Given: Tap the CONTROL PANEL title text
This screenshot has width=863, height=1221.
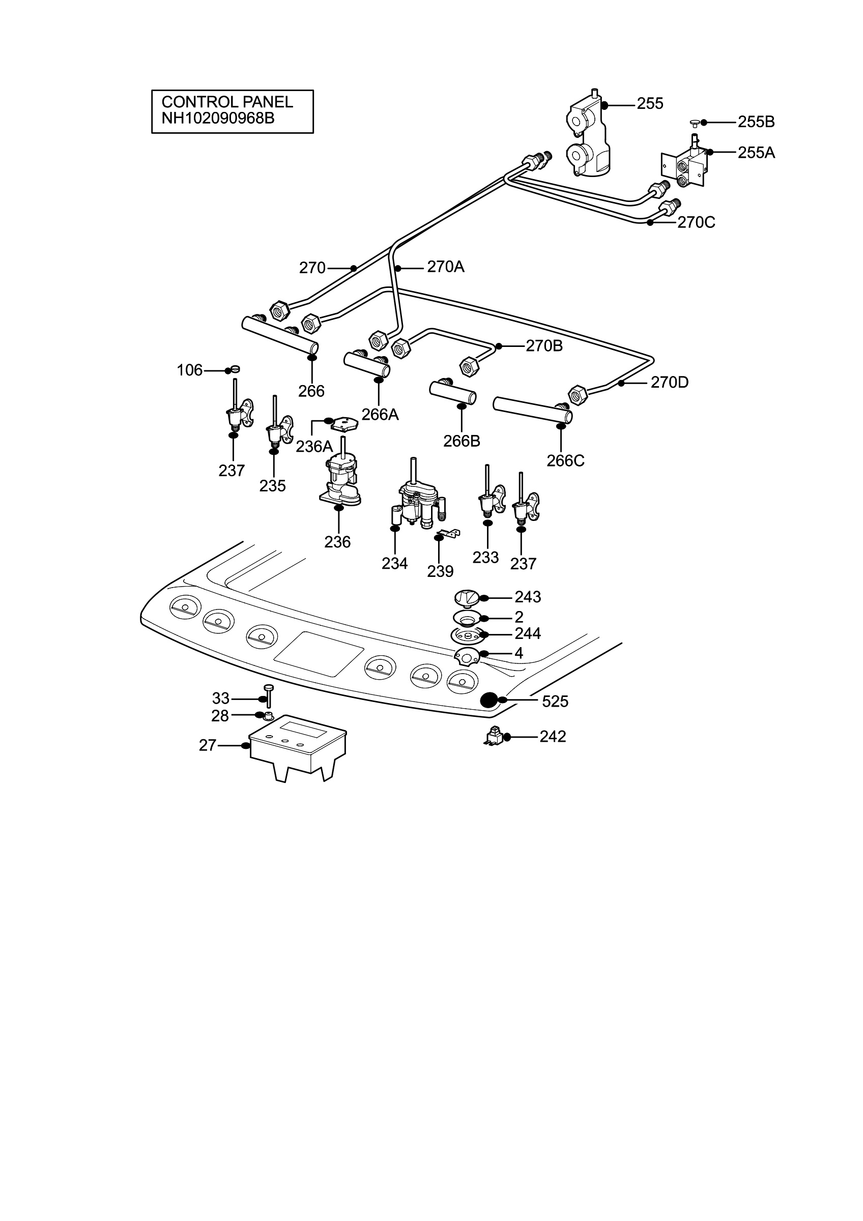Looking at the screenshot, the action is click(227, 102).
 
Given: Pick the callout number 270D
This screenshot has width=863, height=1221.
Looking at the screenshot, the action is click(670, 383).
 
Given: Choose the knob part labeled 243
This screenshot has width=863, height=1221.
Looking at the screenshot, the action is click(468, 598).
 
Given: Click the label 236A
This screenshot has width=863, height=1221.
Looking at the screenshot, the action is click(314, 446).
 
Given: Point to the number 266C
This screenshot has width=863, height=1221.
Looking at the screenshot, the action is click(565, 460).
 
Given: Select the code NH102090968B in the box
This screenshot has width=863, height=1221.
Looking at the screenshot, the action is click(218, 118).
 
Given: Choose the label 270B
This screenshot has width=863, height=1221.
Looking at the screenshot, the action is click(544, 345).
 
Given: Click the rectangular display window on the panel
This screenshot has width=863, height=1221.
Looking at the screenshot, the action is click(319, 654).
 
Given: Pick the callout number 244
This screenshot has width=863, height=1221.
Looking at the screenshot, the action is click(528, 633).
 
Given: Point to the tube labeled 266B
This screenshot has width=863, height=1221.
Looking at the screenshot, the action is click(452, 392).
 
